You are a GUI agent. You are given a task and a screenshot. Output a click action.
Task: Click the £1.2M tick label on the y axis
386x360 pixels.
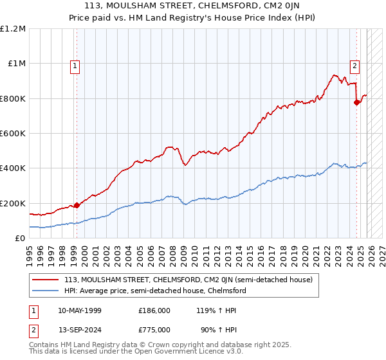pos(14,29)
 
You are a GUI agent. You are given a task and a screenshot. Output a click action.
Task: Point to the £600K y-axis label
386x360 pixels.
pos(14,134)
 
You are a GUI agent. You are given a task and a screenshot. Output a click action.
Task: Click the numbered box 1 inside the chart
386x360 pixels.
pos(75,65)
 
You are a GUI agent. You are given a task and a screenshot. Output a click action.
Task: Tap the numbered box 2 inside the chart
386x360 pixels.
pos(354,65)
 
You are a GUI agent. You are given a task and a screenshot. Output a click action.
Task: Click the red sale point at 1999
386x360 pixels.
pos(77,206)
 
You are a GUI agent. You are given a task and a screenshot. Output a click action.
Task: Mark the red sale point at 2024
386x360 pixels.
pos(356,102)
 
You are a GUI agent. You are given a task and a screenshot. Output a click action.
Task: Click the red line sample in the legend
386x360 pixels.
pos(46,280)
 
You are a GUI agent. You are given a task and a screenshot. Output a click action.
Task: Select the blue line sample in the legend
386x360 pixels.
pos(46,291)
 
